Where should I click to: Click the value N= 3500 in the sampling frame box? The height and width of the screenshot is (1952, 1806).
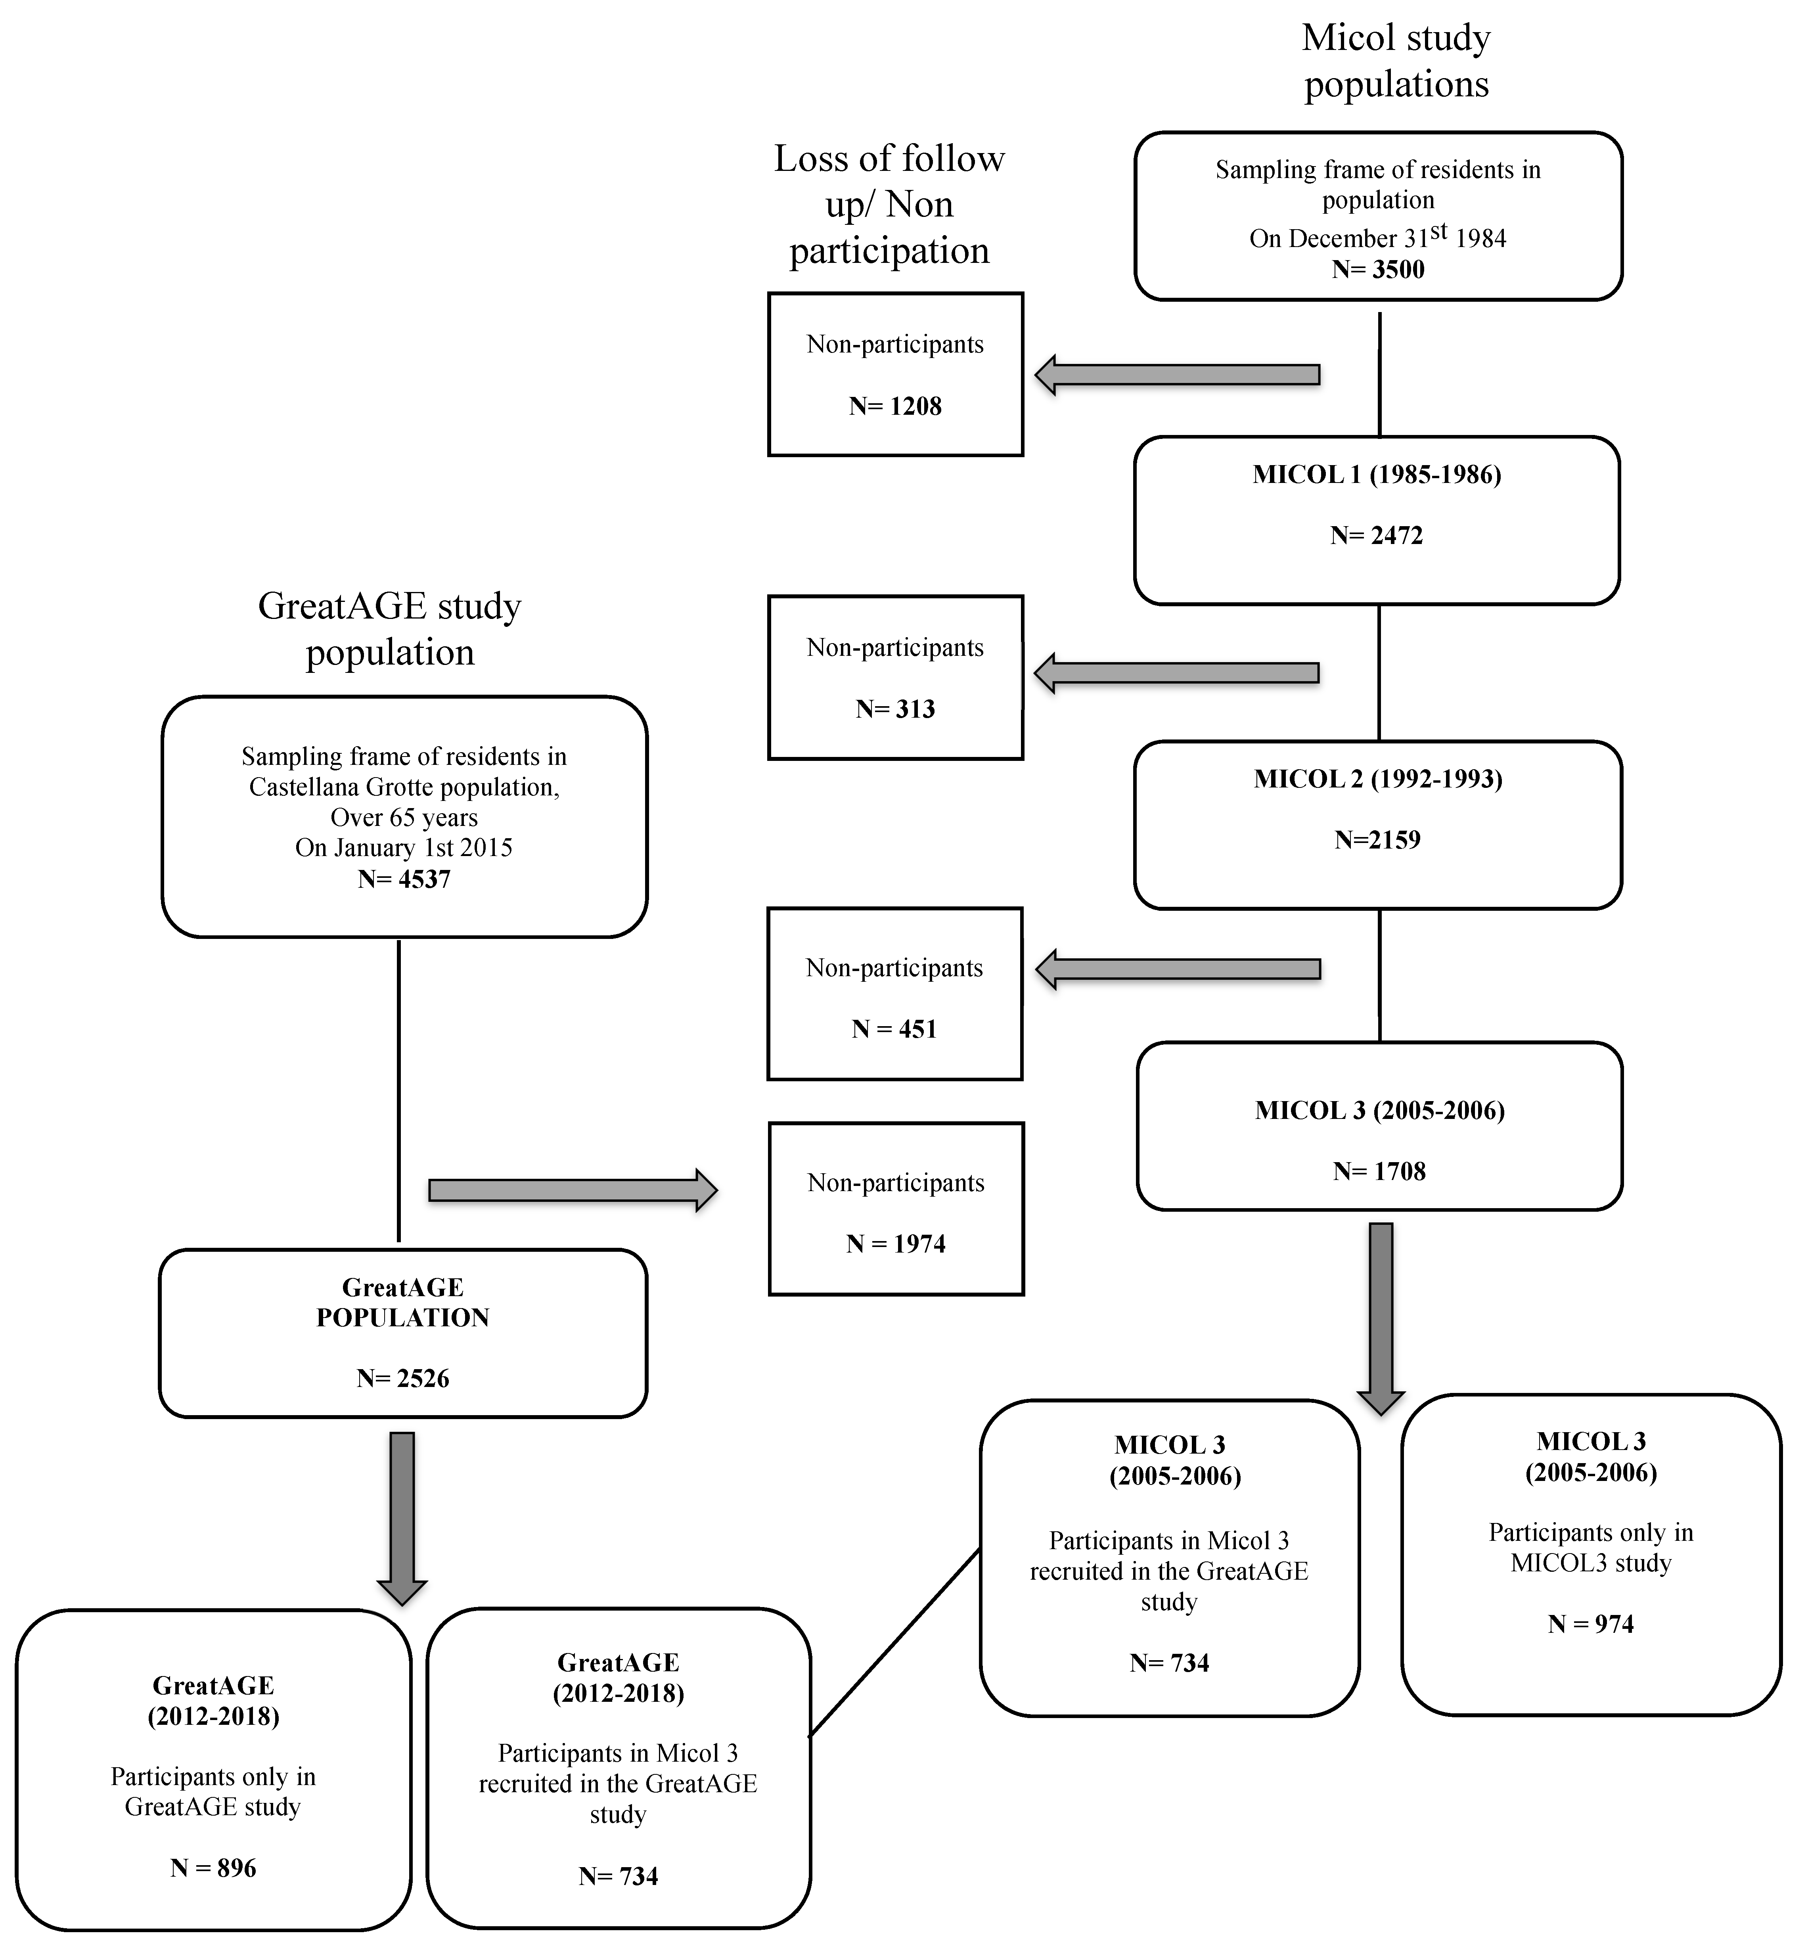[x=1378, y=270]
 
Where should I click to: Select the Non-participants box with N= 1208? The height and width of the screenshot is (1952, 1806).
[x=895, y=374]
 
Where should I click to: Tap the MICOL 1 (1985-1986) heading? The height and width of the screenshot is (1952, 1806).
[x=1377, y=475]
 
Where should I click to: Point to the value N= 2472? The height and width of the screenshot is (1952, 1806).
[x=1377, y=536]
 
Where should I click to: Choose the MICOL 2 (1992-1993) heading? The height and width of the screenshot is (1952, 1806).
[x=1378, y=779]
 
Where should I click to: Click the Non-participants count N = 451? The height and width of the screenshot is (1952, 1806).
[x=894, y=1029]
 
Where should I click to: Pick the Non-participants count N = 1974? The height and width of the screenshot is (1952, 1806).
[x=896, y=1244]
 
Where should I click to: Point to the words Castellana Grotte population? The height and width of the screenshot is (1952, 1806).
[x=404, y=787]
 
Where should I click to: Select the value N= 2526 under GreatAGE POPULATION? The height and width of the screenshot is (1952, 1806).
[x=403, y=1378]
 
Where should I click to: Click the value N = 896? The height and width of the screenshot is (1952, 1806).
[x=213, y=1868]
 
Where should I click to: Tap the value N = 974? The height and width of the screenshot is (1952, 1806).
[x=1591, y=1624]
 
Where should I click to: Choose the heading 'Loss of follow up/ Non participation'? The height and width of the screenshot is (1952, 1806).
[x=889, y=204]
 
